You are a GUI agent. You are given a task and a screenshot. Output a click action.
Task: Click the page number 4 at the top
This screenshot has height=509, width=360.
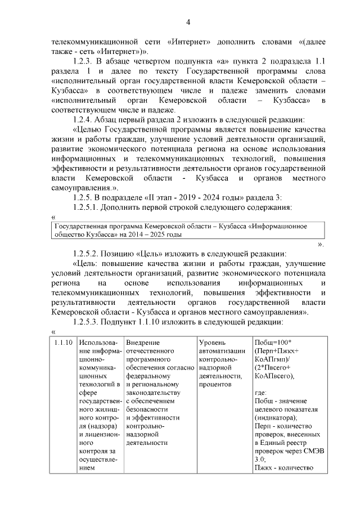pos(188,22)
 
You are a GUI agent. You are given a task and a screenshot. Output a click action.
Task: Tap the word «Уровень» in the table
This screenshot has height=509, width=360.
pos(213,343)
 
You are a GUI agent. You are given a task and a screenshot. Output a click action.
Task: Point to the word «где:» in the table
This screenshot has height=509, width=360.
pos(260,394)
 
